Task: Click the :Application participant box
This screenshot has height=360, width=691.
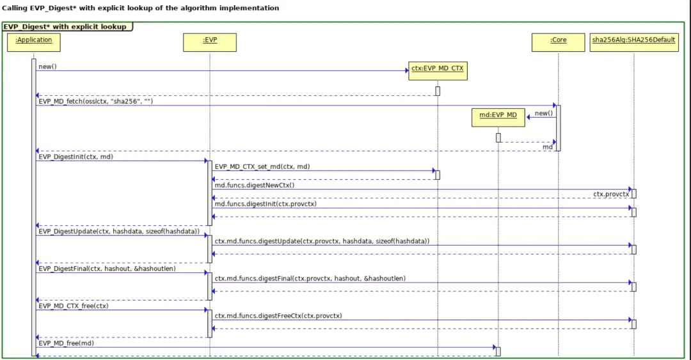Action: tap(34, 42)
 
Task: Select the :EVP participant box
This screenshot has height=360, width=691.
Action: tap(209, 42)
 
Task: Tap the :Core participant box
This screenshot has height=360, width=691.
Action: tap(558, 42)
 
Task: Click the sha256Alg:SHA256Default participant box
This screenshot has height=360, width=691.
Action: tap(633, 42)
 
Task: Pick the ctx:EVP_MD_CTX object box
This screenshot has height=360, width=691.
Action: tap(438, 70)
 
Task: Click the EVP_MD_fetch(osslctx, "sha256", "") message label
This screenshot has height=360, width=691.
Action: tap(95, 101)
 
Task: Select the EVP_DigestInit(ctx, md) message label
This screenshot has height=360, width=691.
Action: tap(76, 156)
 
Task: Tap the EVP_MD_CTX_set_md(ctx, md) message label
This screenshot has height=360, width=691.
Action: tap(262, 166)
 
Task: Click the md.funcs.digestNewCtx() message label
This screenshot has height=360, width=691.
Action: tap(255, 185)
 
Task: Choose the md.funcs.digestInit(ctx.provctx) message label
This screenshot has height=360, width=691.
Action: tap(266, 204)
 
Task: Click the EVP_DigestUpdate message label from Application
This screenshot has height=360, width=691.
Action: tap(119, 231)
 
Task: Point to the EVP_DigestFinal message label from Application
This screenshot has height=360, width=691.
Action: tap(107, 269)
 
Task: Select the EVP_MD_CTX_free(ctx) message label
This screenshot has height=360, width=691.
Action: tap(74, 306)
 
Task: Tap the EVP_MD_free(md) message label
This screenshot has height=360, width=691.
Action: tap(67, 343)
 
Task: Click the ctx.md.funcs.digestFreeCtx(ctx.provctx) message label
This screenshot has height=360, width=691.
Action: tap(278, 315)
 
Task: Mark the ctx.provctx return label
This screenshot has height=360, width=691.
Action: tap(610, 194)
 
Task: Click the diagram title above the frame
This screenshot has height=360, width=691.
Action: tap(141, 8)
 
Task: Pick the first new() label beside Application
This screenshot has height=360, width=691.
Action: tap(47, 67)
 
